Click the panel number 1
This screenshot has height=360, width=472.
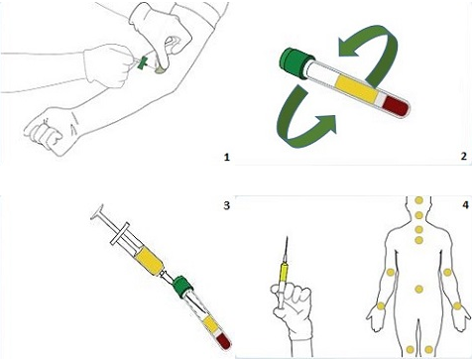[x=226, y=157]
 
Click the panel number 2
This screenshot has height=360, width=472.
[x=464, y=156]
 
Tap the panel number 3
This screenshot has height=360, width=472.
[x=226, y=205]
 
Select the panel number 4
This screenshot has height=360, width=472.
[x=465, y=205]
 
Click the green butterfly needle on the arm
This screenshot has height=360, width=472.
[x=143, y=62]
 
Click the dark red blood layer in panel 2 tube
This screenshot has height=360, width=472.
[x=396, y=106]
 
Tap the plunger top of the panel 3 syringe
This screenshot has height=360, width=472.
[x=96, y=211]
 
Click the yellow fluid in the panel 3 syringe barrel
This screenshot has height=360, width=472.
[x=150, y=262]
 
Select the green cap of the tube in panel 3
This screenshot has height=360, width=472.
[x=182, y=287]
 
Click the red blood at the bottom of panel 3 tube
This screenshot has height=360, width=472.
[x=223, y=341]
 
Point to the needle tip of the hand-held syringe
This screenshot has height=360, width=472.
[x=287, y=237]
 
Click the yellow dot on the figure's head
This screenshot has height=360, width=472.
[x=418, y=200]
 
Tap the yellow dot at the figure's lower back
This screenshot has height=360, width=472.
[x=418, y=290]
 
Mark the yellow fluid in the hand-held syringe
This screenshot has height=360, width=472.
[x=284, y=272]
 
